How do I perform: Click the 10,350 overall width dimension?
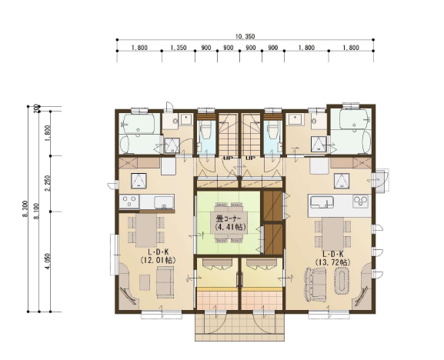tap(245, 36)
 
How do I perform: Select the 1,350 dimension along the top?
tap(179, 48)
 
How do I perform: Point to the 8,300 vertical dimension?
tap(25, 209)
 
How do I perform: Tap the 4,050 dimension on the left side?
tap(47, 261)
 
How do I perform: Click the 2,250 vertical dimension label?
tap(47, 183)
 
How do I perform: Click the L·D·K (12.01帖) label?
tap(158, 256)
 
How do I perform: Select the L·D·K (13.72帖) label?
tap(332, 258)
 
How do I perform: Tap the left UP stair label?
tap(228, 158)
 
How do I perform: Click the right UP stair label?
tap(251, 158)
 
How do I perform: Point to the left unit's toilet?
tap(205, 131)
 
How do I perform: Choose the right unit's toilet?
tap(273, 131)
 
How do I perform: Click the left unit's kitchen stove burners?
tap(129, 202)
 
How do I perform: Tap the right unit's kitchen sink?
tap(322, 202)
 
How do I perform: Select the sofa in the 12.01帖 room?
tap(165, 282)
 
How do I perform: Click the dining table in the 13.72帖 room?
tap(333, 234)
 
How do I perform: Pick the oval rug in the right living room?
tap(342, 282)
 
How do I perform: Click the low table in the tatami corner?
tap(229, 222)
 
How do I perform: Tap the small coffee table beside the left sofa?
tap(145, 282)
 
